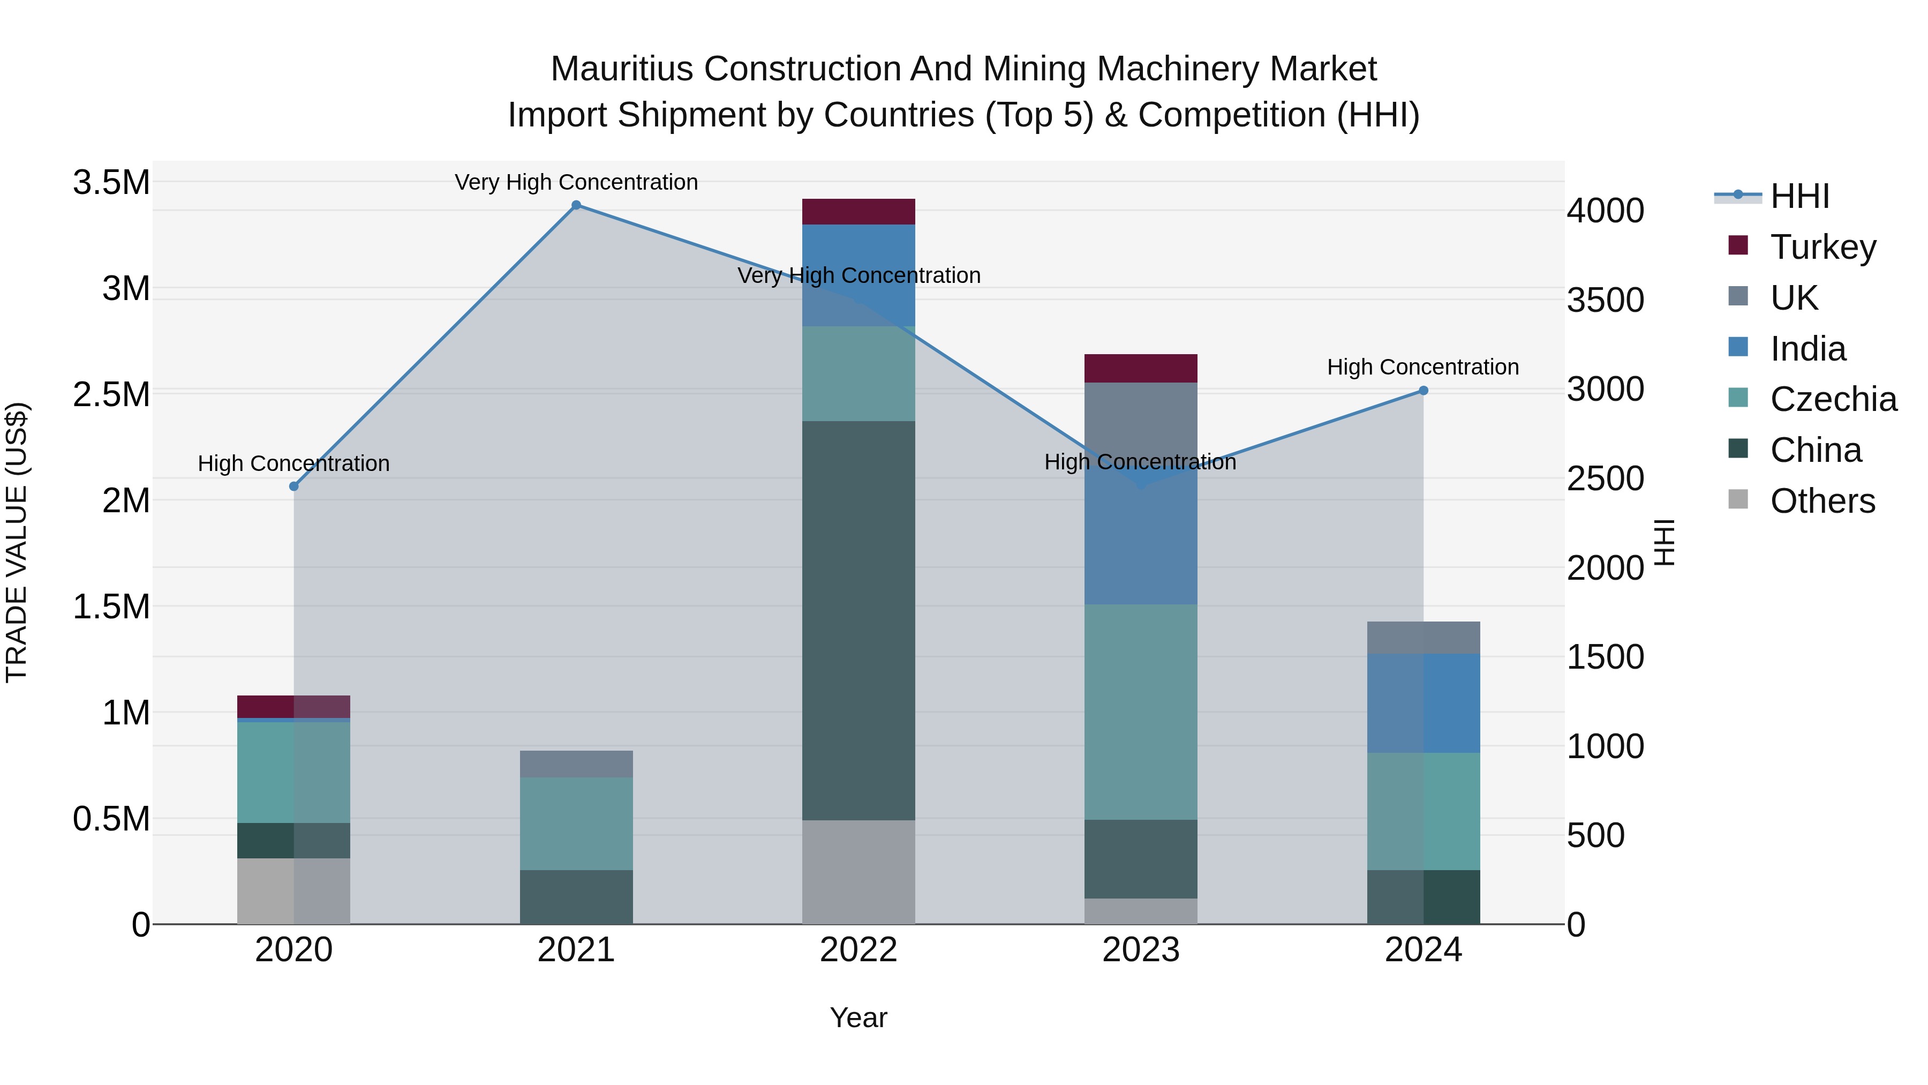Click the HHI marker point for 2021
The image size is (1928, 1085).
[x=576, y=205]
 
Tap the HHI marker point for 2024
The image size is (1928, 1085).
[x=1423, y=391]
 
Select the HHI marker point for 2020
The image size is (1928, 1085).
[x=293, y=487]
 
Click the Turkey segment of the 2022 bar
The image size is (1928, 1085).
[x=858, y=212]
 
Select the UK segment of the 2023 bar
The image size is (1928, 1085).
[x=1141, y=420]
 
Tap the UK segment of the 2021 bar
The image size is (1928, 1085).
[x=576, y=764]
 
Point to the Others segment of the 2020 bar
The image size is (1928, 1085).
[x=293, y=891]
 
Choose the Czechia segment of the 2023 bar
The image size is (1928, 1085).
[x=1141, y=712]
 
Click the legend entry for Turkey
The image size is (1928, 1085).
[x=1822, y=247]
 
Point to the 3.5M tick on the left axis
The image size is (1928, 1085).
[x=111, y=182]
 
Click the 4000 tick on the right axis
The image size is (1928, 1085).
[x=1606, y=211]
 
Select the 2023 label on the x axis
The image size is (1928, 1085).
[x=1141, y=950]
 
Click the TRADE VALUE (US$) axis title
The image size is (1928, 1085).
[x=17, y=542]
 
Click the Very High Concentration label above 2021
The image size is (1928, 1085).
[x=576, y=182]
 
